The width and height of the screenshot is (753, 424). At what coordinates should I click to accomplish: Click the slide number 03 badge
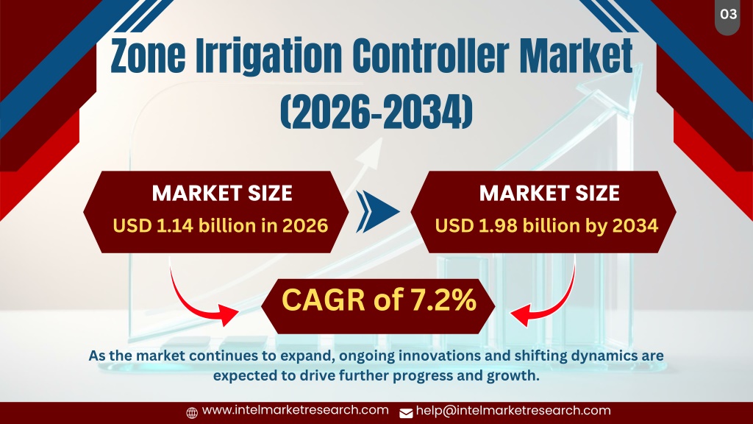pos(727,16)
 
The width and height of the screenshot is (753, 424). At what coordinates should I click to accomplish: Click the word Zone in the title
pos(148,56)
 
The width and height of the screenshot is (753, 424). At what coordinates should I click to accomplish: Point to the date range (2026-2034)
pos(376,112)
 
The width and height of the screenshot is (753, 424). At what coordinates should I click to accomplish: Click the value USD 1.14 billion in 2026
pos(221,225)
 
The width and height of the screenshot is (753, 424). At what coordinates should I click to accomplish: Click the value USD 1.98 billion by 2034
pos(546,225)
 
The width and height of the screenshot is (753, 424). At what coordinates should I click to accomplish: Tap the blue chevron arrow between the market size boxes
pos(377,211)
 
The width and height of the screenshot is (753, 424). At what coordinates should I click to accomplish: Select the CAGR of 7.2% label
pos(379,300)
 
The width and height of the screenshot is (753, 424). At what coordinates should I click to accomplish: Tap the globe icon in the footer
pos(192,412)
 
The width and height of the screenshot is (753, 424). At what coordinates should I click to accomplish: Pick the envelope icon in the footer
pos(406,413)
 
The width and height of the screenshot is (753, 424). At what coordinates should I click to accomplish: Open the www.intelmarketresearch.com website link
pos(296,410)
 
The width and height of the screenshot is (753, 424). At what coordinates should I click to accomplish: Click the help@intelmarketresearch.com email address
pos(513,411)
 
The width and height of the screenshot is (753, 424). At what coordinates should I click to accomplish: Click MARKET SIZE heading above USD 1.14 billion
pos(222,194)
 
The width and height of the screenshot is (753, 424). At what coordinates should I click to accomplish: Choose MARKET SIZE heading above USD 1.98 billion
pos(549,194)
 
